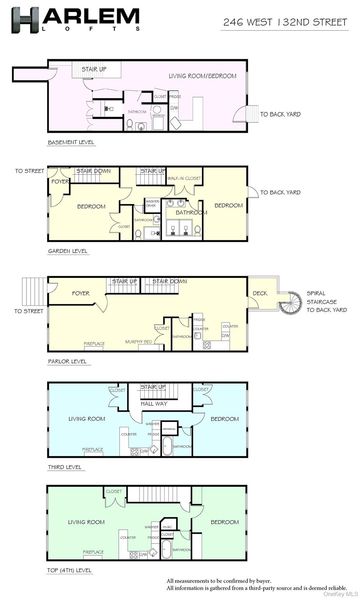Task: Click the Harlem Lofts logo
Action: [75, 19]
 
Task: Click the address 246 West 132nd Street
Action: [285, 22]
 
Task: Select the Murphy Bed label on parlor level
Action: [139, 342]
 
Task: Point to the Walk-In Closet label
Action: [184, 178]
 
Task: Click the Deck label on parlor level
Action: [260, 293]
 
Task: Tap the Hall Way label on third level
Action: [154, 404]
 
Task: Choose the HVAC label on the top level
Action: [167, 527]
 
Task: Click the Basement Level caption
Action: [71, 142]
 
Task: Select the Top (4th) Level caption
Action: [69, 570]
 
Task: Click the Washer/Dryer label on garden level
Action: [152, 204]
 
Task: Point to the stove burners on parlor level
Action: [207, 345]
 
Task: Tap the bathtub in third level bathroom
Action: [167, 446]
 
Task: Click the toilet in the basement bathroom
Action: [130, 125]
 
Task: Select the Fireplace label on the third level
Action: [93, 449]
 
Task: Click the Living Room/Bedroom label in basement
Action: [202, 76]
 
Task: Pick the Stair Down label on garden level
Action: [93, 171]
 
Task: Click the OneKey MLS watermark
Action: [341, 594]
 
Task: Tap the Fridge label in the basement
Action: [175, 97]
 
